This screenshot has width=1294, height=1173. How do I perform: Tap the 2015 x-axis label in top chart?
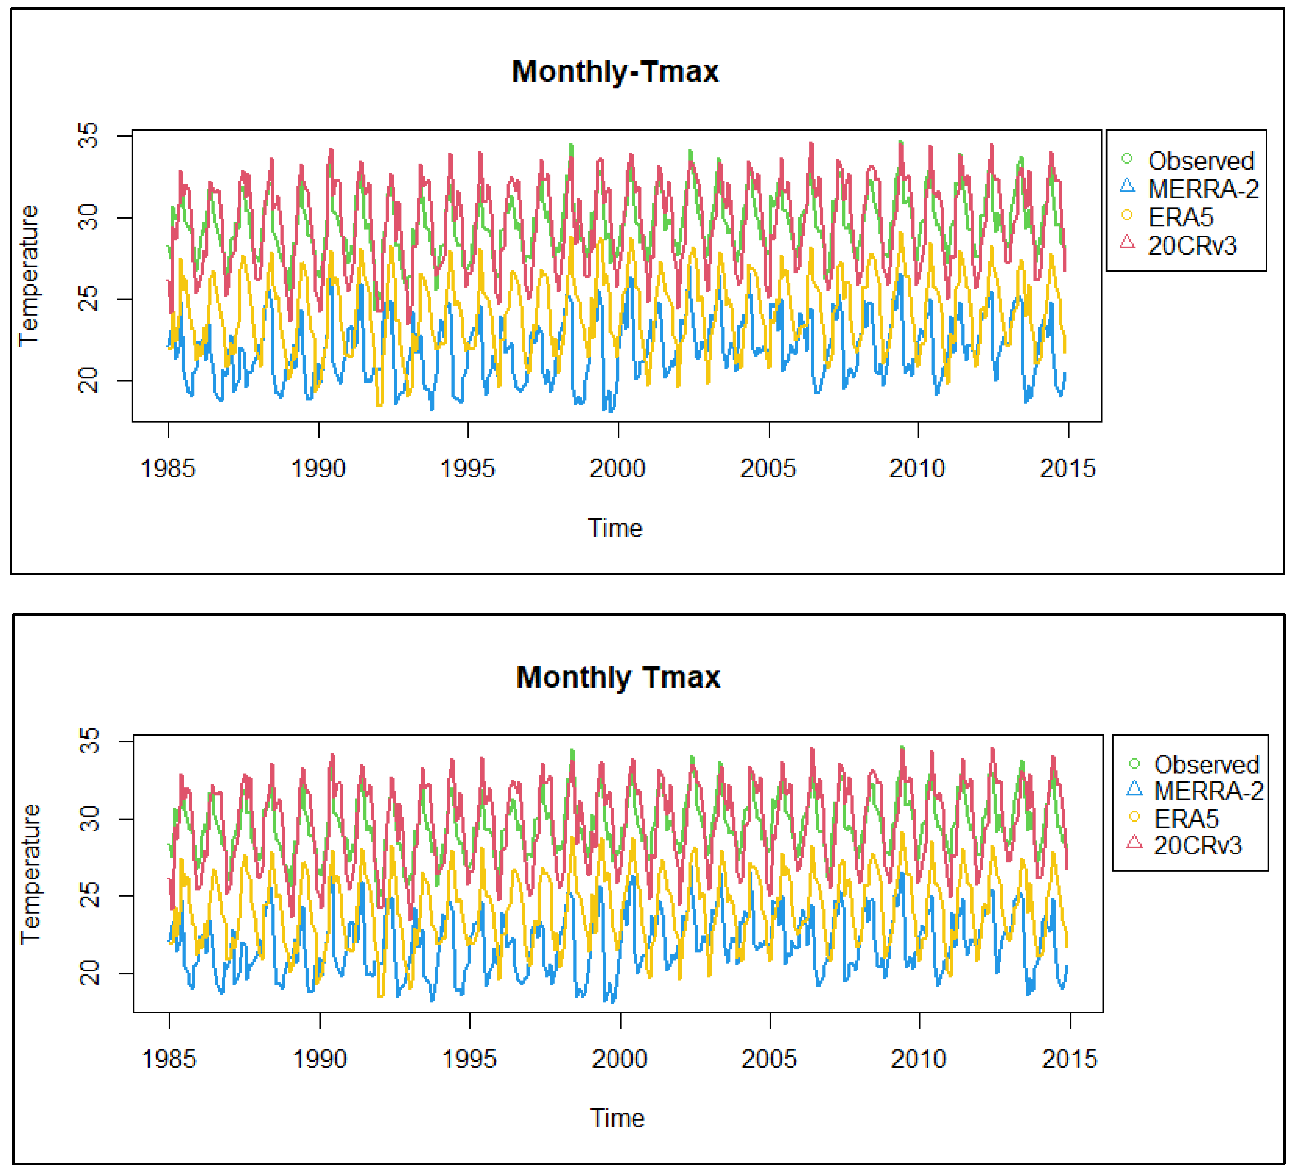click(1067, 469)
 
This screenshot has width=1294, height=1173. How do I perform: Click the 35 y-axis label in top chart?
click(88, 136)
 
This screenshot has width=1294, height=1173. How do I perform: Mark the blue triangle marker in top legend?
click(1127, 187)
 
